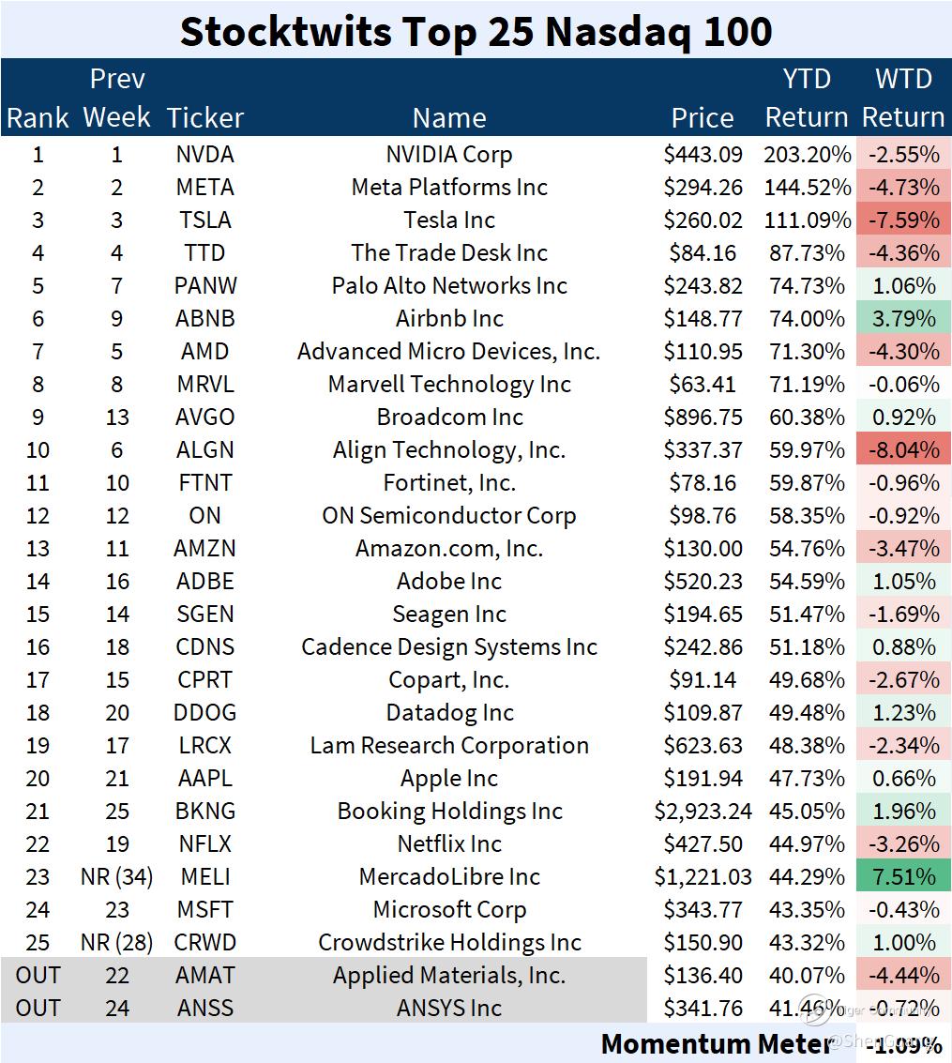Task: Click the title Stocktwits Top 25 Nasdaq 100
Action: [476, 31]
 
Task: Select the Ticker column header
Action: [204, 117]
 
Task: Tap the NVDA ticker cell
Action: [204, 155]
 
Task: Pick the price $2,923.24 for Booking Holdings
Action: [703, 812]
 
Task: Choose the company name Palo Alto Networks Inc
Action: [449, 286]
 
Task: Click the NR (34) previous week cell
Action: [116, 877]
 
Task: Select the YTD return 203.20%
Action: [807, 155]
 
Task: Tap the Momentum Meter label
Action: [716, 1043]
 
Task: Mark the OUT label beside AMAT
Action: [38, 976]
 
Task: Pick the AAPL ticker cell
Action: [204, 779]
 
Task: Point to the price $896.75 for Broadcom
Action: [703, 418]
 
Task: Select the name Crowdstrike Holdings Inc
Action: [449, 943]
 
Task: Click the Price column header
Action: [703, 117]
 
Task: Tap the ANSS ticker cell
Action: [204, 1009]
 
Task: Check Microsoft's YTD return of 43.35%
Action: [807, 910]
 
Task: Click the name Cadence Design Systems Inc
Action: [449, 647]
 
